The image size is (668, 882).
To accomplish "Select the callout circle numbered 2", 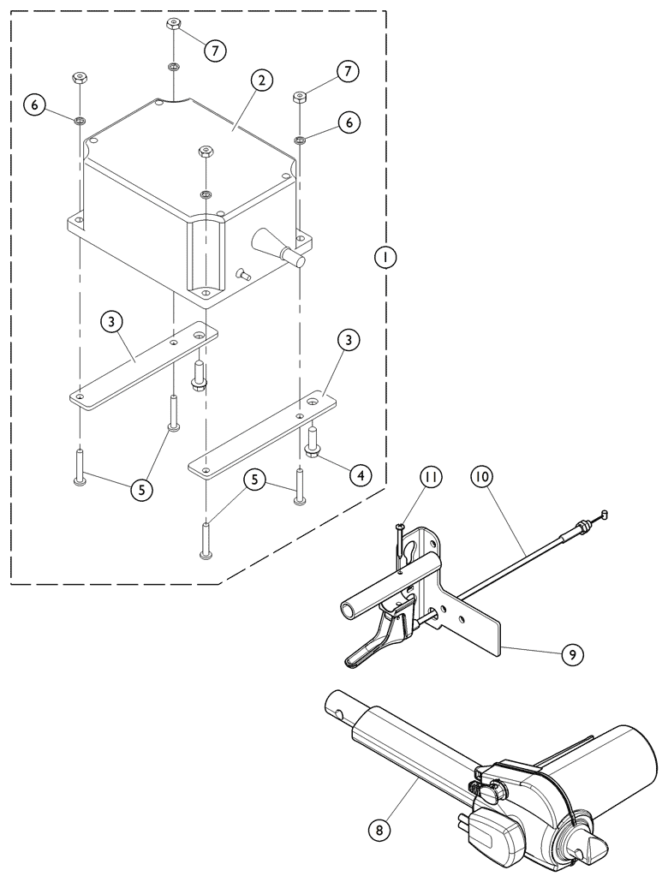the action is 262,80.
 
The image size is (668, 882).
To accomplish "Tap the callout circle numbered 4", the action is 361,475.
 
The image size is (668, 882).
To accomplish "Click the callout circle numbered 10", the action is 481,478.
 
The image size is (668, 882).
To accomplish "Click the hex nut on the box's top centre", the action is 206,152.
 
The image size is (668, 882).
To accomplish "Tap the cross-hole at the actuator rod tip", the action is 339,714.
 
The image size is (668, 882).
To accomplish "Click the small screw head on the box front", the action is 242,274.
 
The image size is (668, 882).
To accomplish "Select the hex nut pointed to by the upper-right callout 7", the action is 298,98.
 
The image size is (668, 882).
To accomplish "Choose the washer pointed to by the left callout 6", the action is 81,120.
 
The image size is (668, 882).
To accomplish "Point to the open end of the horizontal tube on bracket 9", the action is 347,610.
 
